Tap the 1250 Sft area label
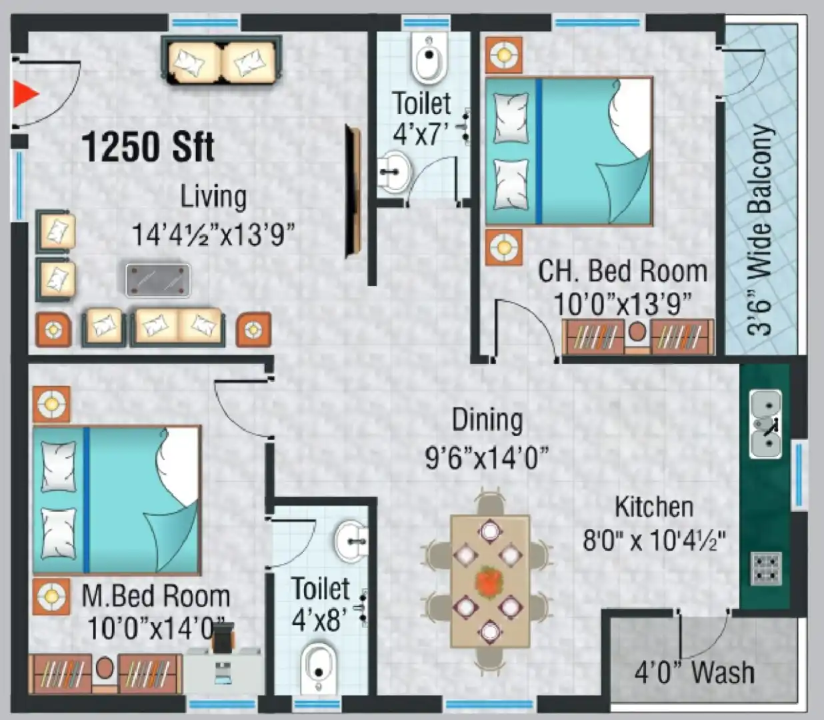pyautogui.click(x=148, y=147)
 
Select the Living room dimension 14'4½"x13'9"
pyautogui.click(x=213, y=235)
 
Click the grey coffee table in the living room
pyautogui.click(x=158, y=280)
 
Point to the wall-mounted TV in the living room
pyautogui.click(x=353, y=192)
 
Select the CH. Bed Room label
pyautogui.click(x=623, y=271)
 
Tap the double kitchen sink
pyautogui.click(x=765, y=423)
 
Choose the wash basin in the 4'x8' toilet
pyautogui.click(x=351, y=541)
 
